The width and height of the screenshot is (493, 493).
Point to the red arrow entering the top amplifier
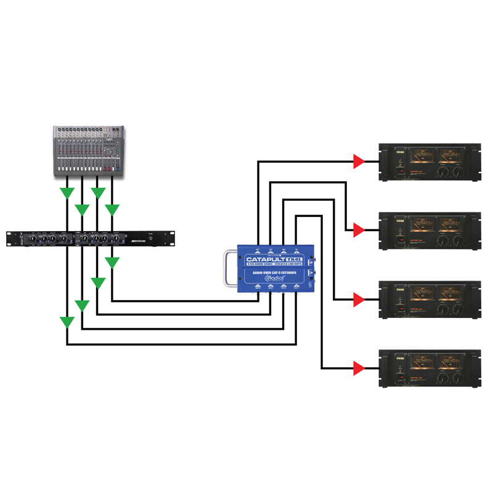pos(358,161)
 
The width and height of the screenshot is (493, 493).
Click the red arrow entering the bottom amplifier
pos(358,369)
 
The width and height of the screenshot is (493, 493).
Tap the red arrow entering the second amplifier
pos(358,231)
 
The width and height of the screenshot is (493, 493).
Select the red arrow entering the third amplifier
pos(358,300)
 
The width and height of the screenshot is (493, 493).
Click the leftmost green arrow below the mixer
pos(67,194)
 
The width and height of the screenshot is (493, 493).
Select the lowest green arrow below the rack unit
pos(67,322)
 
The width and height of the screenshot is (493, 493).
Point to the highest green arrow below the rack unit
pos(112,263)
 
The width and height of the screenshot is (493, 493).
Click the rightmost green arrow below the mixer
pos(112,210)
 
